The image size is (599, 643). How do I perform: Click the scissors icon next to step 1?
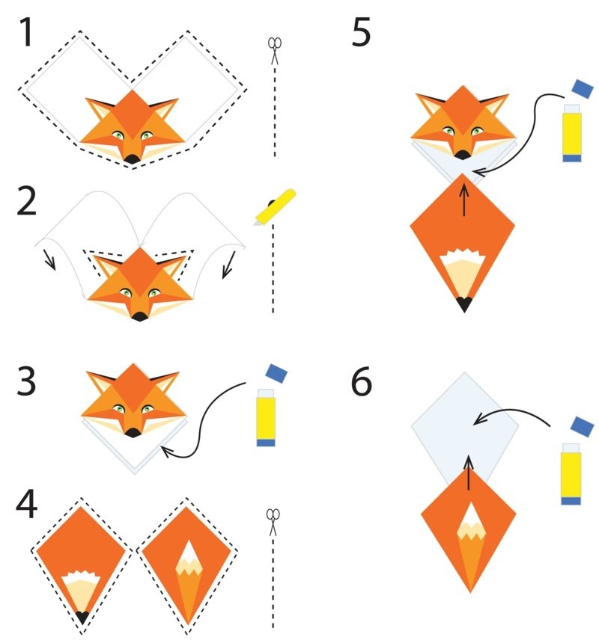click(275, 52)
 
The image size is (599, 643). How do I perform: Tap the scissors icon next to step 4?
click(273, 521)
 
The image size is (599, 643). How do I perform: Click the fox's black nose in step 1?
click(132, 159)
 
